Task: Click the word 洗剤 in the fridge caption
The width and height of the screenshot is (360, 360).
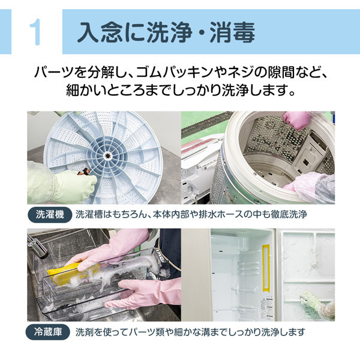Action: [x=83, y=331]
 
